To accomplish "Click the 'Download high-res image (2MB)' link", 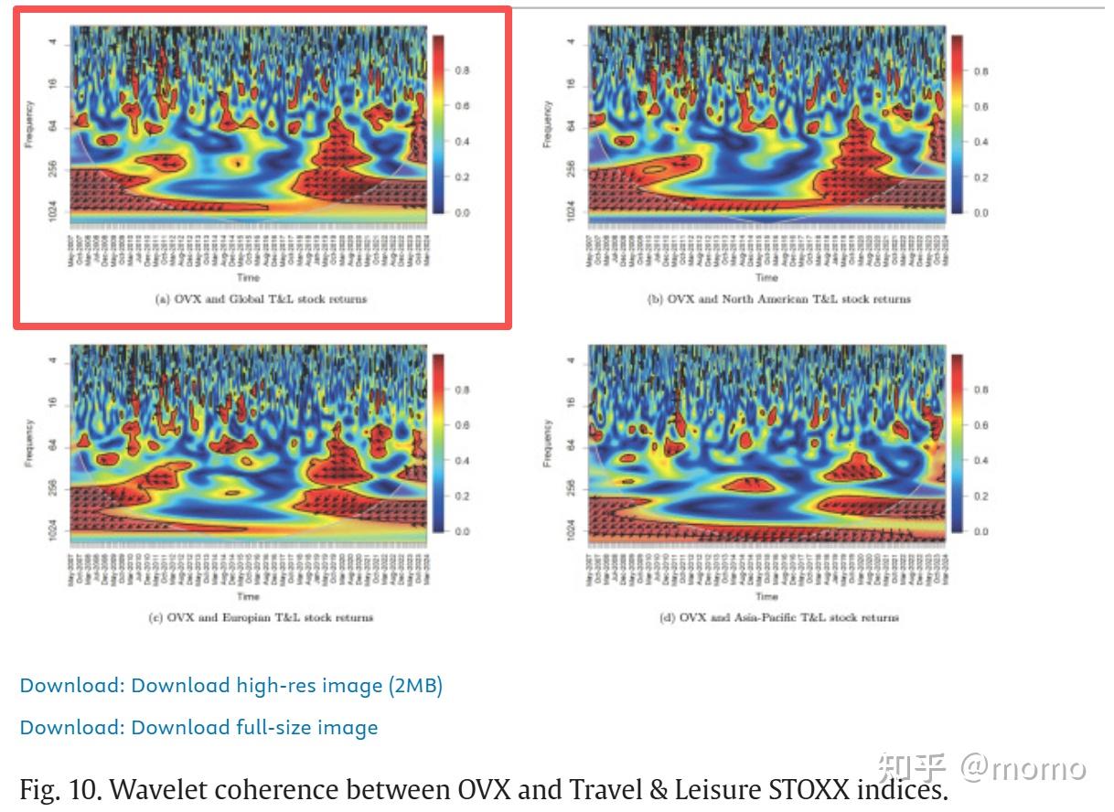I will pos(231,685).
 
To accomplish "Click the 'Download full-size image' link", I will pos(198,727).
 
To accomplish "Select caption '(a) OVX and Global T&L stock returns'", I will pos(261,299).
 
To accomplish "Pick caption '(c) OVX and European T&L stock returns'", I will pos(261,617).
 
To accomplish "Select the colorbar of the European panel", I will pos(437,443).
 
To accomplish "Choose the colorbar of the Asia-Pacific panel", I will pos(958,443).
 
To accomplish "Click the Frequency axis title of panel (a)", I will pos(28,124).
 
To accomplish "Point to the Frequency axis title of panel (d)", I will pos(547,443).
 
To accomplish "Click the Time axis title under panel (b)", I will pos(766,277).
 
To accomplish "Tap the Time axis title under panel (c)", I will pos(248,596).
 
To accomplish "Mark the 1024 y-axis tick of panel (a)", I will pos(57,210).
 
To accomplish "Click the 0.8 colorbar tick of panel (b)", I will pos(980,71).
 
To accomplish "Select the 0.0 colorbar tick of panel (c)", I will pos(462,531).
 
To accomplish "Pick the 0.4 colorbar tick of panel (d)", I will pos(980,460).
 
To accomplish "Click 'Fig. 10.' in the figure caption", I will pos(59,788).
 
